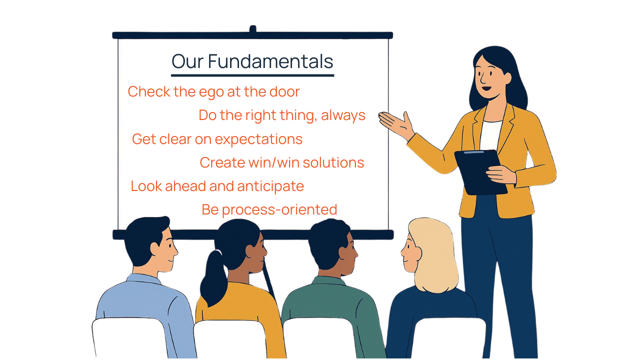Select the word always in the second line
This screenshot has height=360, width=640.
pos(343,115)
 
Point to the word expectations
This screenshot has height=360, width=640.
pos(258,139)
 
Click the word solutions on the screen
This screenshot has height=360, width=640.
pos(333,162)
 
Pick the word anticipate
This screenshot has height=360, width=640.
pos(270,186)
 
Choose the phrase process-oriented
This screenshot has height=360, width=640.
pos(279,210)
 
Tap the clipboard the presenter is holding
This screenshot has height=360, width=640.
pos(480,172)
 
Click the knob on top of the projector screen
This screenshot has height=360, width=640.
pos(252,29)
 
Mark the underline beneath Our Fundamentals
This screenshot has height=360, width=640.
pos(252,75)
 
